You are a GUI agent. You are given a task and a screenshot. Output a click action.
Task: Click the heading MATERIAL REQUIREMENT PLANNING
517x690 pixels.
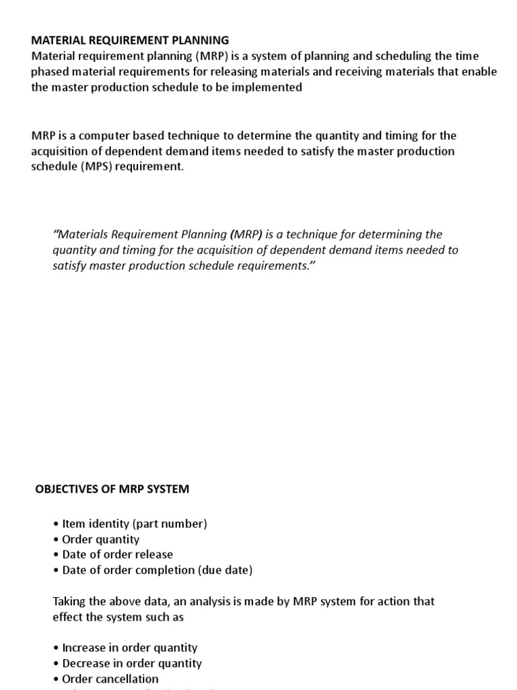tap(130, 40)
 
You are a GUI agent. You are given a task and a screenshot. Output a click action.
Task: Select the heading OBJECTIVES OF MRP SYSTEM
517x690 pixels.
tap(112, 489)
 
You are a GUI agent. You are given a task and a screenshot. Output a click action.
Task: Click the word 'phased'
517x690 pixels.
tap(50, 72)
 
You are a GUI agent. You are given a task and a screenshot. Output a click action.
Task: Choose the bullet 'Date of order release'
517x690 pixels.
tap(117, 555)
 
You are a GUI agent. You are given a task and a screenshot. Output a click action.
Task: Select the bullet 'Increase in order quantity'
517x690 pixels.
tap(129, 648)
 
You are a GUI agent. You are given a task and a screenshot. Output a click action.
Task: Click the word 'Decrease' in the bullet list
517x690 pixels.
tap(85, 663)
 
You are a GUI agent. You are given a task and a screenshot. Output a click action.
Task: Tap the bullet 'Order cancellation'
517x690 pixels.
tap(110, 679)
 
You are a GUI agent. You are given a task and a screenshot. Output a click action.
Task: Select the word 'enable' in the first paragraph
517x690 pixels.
tap(479, 72)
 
